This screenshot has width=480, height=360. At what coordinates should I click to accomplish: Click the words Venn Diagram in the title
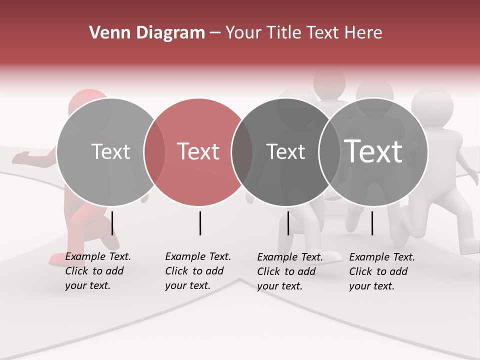147,33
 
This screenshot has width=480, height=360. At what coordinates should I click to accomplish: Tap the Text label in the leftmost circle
110,152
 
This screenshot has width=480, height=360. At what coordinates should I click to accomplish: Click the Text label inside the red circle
198,151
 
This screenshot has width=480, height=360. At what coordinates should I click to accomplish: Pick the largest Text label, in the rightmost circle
373,151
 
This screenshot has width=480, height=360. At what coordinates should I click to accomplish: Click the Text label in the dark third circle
285,152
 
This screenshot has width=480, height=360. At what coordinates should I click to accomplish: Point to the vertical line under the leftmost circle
112,223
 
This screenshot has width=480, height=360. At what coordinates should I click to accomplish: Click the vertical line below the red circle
200,223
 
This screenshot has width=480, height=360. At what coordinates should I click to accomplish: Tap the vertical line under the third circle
288,223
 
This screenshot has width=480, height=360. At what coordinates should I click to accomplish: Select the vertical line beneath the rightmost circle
372,223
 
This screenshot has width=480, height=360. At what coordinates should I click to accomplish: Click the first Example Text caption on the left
97,271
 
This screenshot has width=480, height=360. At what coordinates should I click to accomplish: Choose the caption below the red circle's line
197,271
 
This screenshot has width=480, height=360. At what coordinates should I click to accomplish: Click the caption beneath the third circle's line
289,271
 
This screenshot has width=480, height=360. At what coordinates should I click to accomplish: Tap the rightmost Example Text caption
381,271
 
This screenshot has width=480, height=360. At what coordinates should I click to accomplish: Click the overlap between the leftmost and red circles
154,152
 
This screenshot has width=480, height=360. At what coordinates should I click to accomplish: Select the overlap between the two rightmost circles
329,152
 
